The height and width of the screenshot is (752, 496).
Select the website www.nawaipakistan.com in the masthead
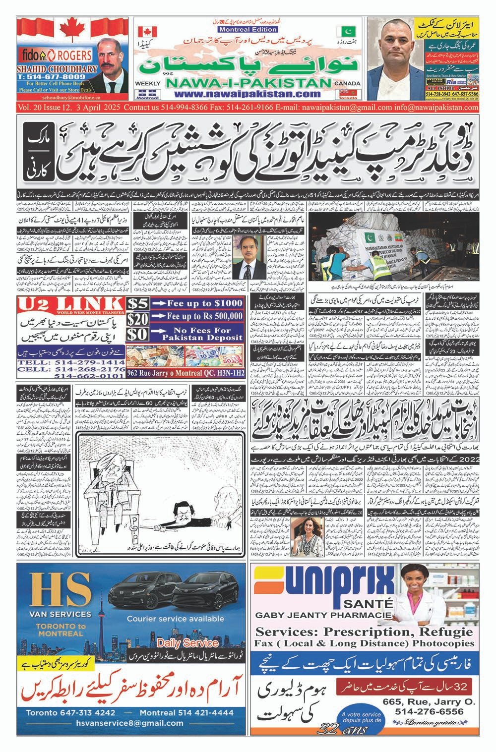247,94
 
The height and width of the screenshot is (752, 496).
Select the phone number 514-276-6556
430,711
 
